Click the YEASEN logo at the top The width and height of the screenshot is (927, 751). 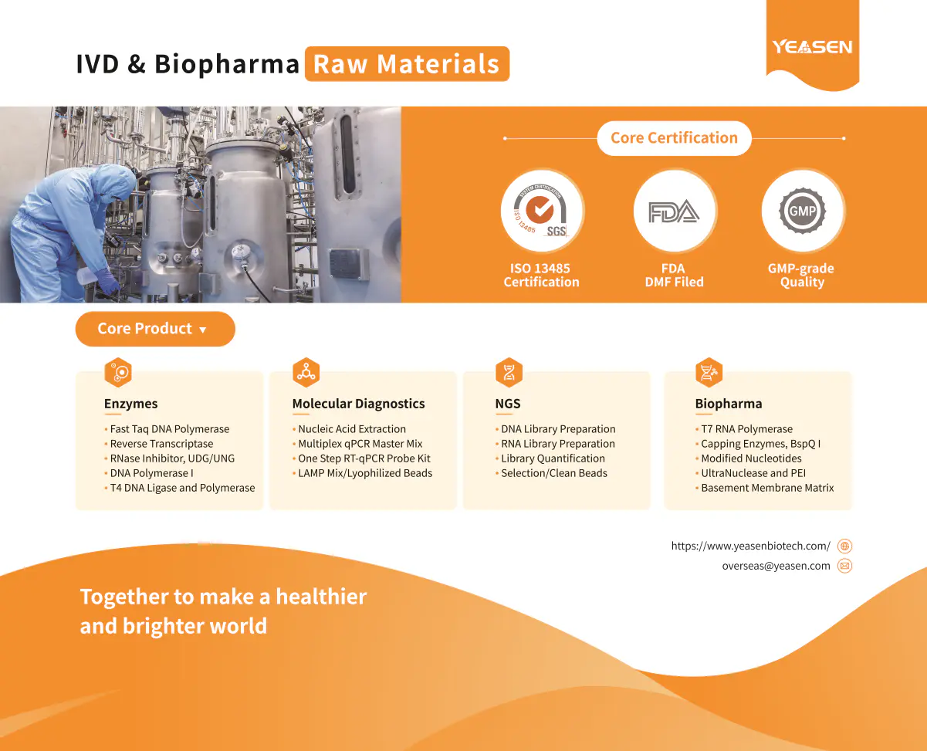812,46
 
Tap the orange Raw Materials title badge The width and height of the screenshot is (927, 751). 407,64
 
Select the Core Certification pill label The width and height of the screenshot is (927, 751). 674,138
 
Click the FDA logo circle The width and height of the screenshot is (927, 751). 674,211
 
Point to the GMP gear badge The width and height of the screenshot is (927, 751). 802,211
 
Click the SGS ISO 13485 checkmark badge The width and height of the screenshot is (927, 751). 541,211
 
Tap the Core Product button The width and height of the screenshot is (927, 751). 155,329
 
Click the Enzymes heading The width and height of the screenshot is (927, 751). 130,404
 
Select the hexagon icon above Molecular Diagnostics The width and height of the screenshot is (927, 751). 306,373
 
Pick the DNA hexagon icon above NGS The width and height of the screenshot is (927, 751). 509,373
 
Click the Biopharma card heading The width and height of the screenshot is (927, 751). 729,404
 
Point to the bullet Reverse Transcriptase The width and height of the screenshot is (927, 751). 159,444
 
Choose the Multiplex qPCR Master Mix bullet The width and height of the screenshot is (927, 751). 357,444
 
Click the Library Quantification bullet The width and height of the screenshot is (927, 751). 550,458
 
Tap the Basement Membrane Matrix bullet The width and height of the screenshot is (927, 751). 765,488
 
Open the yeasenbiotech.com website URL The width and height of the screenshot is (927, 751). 751,546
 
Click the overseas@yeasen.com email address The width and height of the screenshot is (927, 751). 776,566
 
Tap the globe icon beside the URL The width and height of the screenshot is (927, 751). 844,546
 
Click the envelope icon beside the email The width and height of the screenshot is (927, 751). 844,566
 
